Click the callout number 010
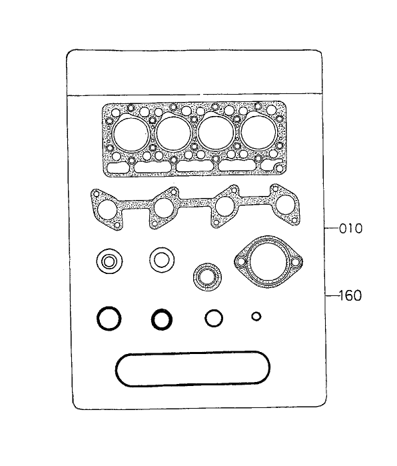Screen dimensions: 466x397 point(350,229)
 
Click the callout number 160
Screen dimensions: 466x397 point(350,295)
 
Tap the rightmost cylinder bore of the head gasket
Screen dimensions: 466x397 point(258,134)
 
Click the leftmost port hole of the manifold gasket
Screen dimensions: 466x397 point(106,209)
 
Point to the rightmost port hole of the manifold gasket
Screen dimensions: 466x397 point(286,205)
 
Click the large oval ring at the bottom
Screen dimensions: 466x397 point(193,368)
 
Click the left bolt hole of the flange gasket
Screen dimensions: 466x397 point(238,264)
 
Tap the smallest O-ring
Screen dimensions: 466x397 point(256,316)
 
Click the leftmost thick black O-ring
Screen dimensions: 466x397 point(109,319)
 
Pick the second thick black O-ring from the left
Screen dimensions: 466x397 point(161,319)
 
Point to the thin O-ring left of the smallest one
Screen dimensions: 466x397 point(213,318)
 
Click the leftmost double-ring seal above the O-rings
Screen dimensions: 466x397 point(109,261)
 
